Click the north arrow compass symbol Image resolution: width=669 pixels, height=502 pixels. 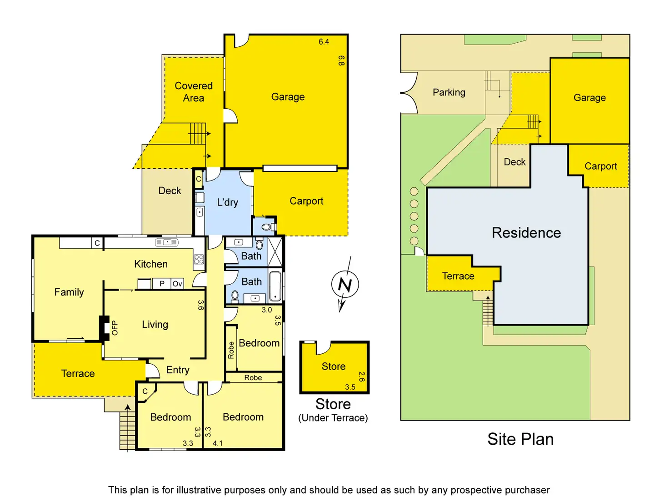[x=345, y=285]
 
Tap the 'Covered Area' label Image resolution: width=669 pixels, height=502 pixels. [x=194, y=92]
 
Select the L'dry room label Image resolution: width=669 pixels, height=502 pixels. [x=227, y=202]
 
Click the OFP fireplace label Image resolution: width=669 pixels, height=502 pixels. [x=115, y=328]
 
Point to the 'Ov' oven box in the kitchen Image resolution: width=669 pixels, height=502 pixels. [x=177, y=284]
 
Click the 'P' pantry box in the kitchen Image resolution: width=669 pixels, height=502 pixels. [x=162, y=284]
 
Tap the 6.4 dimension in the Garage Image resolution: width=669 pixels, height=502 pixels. [x=324, y=42]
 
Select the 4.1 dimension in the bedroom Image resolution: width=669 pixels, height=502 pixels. [x=218, y=443]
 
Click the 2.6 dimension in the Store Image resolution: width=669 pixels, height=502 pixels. [x=362, y=376]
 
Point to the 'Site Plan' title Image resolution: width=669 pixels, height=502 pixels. [x=520, y=439]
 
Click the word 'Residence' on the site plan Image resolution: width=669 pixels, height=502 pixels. [x=526, y=233]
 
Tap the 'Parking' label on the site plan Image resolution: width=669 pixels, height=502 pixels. [x=449, y=92]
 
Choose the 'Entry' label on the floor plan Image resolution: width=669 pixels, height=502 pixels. [x=178, y=370]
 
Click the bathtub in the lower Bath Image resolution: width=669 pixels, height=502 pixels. [x=275, y=286]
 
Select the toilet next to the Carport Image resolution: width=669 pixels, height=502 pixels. [x=267, y=226]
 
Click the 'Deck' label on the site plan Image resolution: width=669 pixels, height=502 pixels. [x=514, y=162]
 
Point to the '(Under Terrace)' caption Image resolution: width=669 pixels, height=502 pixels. [x=333, y=418]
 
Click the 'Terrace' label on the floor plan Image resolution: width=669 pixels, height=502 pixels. [x=78, y=373]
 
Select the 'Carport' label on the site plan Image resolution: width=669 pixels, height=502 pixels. [x=601, y=166]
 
